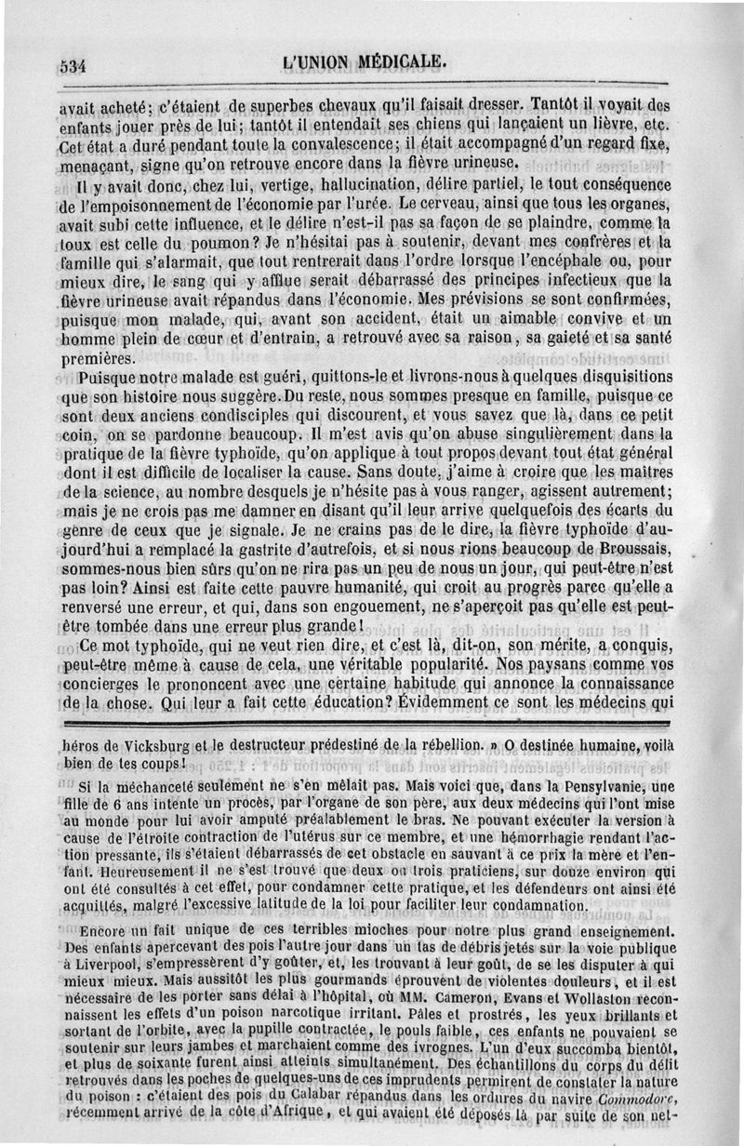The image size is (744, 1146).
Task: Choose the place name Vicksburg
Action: click(x=153, y=745)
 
